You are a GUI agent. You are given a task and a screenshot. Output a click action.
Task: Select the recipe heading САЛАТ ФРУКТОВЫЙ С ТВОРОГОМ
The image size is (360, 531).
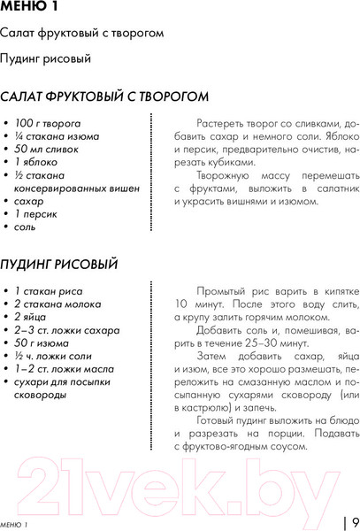point(104,96)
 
